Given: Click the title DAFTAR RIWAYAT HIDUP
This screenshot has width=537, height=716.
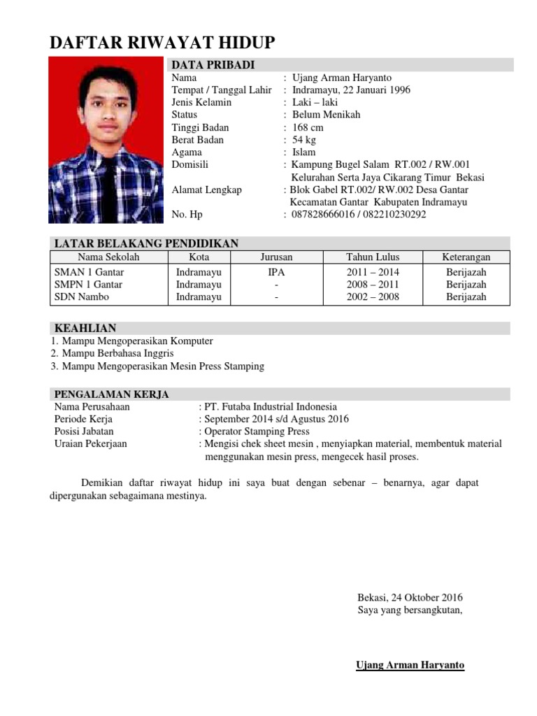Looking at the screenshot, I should [x=162, y=43].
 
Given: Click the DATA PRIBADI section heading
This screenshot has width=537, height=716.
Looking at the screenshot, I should [x=213, y=65].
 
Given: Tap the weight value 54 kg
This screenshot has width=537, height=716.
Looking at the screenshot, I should [x=304, y=140].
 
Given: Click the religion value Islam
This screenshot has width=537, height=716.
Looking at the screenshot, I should [x=304, y=152].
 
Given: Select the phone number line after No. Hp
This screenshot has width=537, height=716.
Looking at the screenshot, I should [x=359, y=215].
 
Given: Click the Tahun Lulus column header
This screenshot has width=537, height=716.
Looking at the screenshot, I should [x=373, y=257].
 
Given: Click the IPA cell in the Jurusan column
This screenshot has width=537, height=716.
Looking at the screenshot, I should [x=276, y=272].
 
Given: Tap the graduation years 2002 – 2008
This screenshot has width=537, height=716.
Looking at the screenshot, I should [x=373, y=297].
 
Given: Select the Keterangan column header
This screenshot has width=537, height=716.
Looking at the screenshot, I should [x=467, y=257].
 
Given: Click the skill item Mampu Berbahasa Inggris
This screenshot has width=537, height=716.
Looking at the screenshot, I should [x=117, y=354].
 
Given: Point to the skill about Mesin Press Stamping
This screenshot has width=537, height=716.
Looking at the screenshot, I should [x=162, y=366].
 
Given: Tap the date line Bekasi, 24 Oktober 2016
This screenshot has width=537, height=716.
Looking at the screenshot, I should [x=410, y=598].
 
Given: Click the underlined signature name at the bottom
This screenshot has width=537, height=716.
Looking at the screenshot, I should [x=410, y=665].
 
